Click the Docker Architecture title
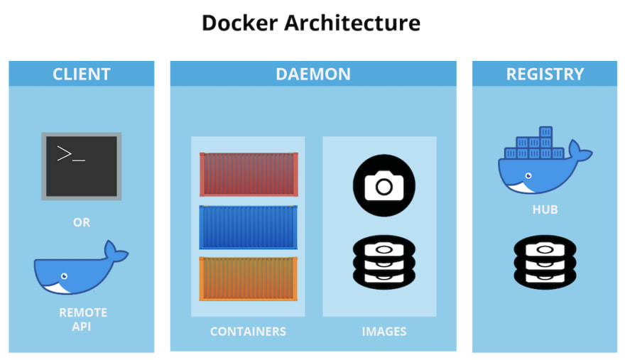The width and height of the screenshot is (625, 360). (311, 23)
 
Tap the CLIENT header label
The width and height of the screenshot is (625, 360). (81, 74)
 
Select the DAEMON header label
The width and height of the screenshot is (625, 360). (313, 74)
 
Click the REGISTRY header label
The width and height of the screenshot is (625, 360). (545, 74)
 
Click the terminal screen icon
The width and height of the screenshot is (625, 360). (81, 166)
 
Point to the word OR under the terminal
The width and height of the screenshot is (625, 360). (82, 222)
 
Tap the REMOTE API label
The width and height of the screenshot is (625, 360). (83, 319)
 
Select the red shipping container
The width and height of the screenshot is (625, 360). (249, 174)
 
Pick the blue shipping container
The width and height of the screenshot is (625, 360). (249, 227)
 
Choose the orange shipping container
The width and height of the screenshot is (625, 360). (249, 278)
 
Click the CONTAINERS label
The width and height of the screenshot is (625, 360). (248, 332)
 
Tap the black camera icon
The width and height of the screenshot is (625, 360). (384, 185)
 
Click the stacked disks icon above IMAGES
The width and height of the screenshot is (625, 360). (384, 262)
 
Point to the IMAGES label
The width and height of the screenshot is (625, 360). (384, 332)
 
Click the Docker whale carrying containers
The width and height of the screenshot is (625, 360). (545, 160)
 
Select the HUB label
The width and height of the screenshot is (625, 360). (545, 209)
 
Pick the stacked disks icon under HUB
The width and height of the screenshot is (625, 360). (545, 262)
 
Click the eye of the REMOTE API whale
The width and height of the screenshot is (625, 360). (64, 276)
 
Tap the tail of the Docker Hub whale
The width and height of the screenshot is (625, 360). (580, 151)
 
